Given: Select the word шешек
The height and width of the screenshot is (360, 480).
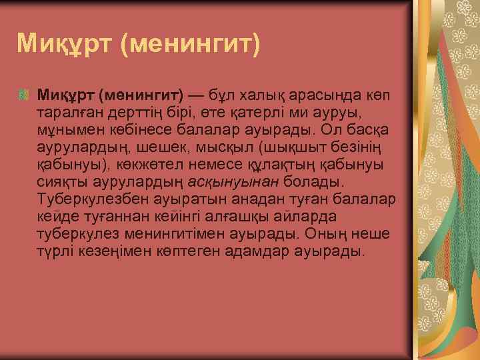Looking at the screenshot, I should (x=183, y=145).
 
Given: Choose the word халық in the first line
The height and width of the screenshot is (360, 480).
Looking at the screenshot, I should (x=261, y=93).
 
